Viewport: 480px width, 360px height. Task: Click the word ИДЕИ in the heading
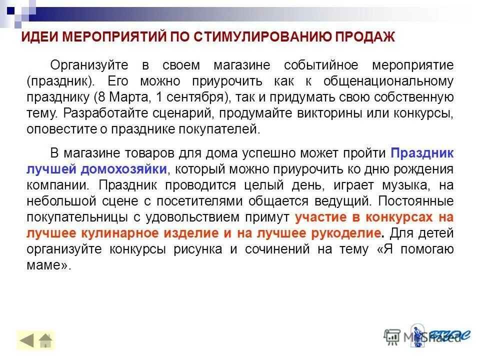(x=37, y=37)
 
